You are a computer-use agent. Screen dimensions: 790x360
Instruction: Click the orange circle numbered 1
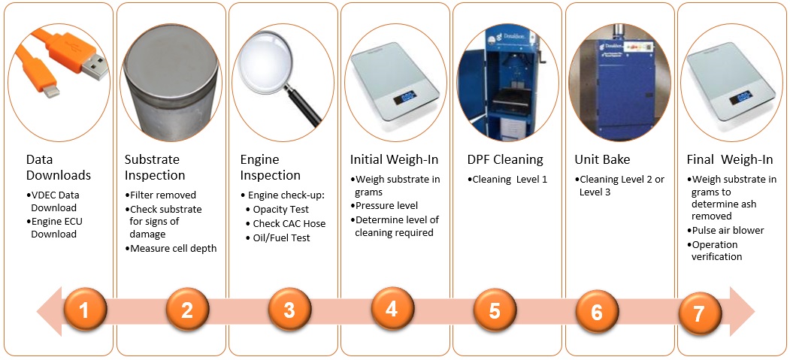pos(85,311)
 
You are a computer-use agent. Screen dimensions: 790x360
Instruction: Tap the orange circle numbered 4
pos(392,308)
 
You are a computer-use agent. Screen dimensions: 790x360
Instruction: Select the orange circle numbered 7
pos(699,313)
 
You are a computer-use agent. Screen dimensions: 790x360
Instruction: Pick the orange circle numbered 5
pos(495,310)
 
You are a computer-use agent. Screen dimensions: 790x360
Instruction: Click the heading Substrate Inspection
pos(155,168)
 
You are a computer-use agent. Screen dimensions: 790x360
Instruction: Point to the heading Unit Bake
pos(602,159)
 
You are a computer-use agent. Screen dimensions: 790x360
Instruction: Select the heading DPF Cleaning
pos(505,159)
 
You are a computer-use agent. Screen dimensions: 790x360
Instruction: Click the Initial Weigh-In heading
pos(395,160)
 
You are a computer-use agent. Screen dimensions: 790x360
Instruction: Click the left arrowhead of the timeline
pos(50,311)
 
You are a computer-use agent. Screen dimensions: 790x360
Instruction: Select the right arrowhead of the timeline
pos(742,312)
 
